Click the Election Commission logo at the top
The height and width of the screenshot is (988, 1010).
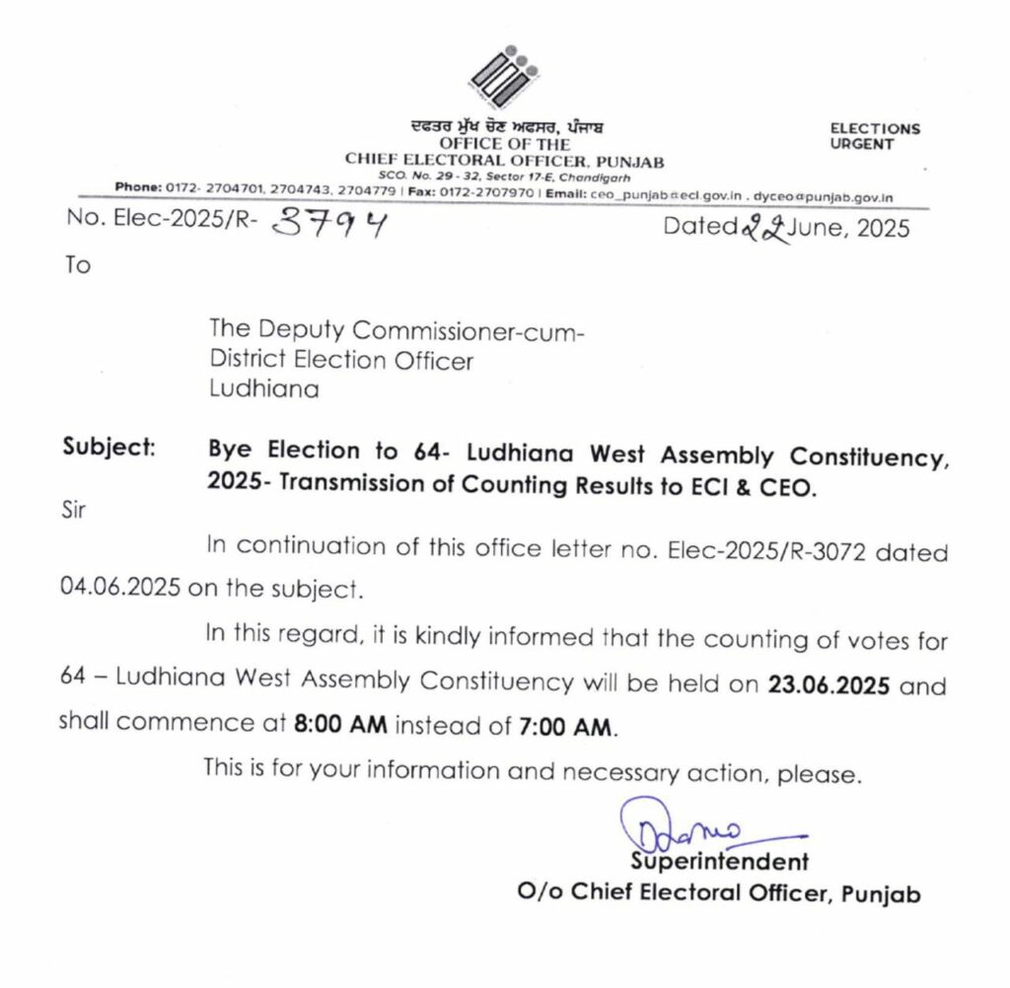tap(504, 77)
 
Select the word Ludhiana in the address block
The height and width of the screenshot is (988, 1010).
tap(263, 388)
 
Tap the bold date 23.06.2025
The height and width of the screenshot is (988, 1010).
tap(829, 684)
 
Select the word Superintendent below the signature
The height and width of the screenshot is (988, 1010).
tap(720, 861)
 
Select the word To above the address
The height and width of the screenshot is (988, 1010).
tap(77, 266)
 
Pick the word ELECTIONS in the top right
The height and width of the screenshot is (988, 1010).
tap(875, 128)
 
